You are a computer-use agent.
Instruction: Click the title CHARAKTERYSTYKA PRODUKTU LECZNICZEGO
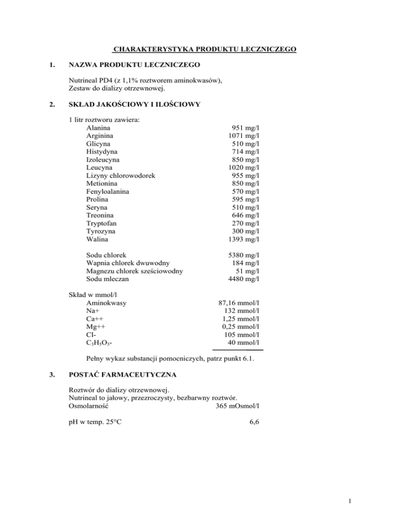(x=205, y=50)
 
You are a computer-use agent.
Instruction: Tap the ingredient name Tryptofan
(x=102, y=223)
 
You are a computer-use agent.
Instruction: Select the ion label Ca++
(x=94, y=319)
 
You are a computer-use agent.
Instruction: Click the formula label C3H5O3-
(x=98, y=343)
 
